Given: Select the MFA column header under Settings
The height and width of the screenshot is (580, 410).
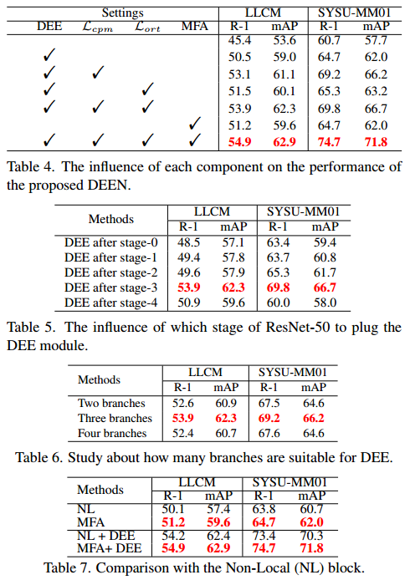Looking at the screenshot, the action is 195,26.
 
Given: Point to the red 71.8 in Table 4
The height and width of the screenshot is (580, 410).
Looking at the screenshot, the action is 375,141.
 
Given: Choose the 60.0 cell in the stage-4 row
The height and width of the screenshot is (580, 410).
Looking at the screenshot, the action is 286,302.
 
